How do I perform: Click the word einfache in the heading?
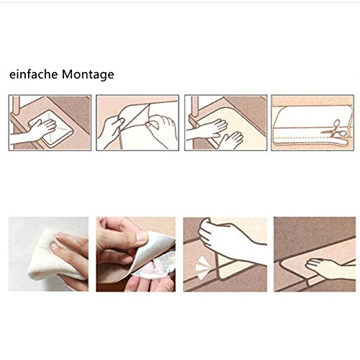pos(34,74)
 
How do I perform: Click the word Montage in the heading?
pos(88,75)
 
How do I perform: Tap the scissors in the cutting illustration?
pos(336,129)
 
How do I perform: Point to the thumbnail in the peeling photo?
pos(141,237)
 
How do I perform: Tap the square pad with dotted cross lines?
pos(51,128)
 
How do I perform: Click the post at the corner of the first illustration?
pos(16,105)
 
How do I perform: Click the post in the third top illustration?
pos(194,107)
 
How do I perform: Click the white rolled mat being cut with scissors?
pos(312,125)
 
